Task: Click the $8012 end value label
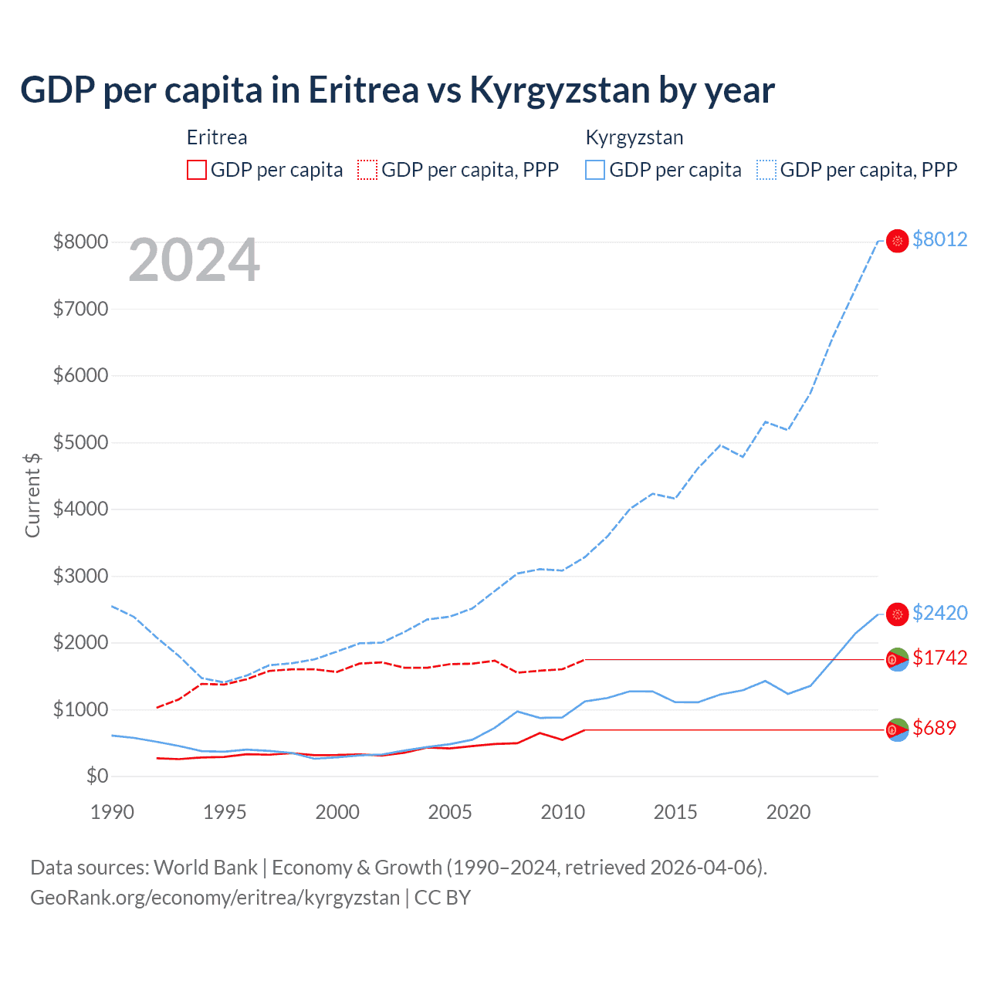pos(939,239)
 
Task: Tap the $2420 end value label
pos(939,613)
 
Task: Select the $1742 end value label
pos(939,658)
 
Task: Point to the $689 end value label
pos(934,728)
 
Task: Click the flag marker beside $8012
pos(897,241)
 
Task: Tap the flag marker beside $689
pos(897,729)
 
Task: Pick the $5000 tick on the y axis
pos(80,442)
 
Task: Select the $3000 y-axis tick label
pos(80,576)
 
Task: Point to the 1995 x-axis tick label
pos(225,812)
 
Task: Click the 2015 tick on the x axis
pos(675,812)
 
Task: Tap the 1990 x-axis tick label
pos(112,812)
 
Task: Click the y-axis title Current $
pos(32,494)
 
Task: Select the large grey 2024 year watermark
pos(194,260)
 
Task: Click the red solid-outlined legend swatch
pos(197,170)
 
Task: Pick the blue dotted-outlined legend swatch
pos(766,170)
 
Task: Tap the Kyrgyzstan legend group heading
pos(634,138)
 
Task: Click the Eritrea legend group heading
pos(217,138)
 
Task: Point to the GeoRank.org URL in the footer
pos(215,898)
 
